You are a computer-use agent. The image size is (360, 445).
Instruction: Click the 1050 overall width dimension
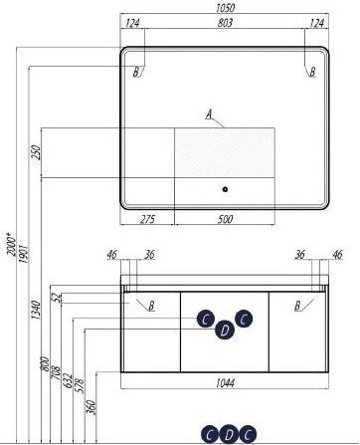point(225,8)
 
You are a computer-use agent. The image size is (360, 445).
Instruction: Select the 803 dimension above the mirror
point(225,23)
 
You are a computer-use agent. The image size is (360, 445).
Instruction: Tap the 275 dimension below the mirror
point(147,219)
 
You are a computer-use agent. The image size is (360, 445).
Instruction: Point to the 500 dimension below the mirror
point(225,219)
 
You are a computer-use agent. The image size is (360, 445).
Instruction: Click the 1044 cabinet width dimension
point(225,383)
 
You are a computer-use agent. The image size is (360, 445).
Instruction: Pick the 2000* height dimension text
point(12,244)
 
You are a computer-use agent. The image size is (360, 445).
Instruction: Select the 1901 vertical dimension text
point(25,254)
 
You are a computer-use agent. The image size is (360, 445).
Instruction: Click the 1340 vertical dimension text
point(36,310)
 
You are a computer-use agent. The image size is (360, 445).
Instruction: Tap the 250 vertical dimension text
point(36,152)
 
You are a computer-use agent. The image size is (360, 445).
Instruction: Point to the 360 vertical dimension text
point(91,407)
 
